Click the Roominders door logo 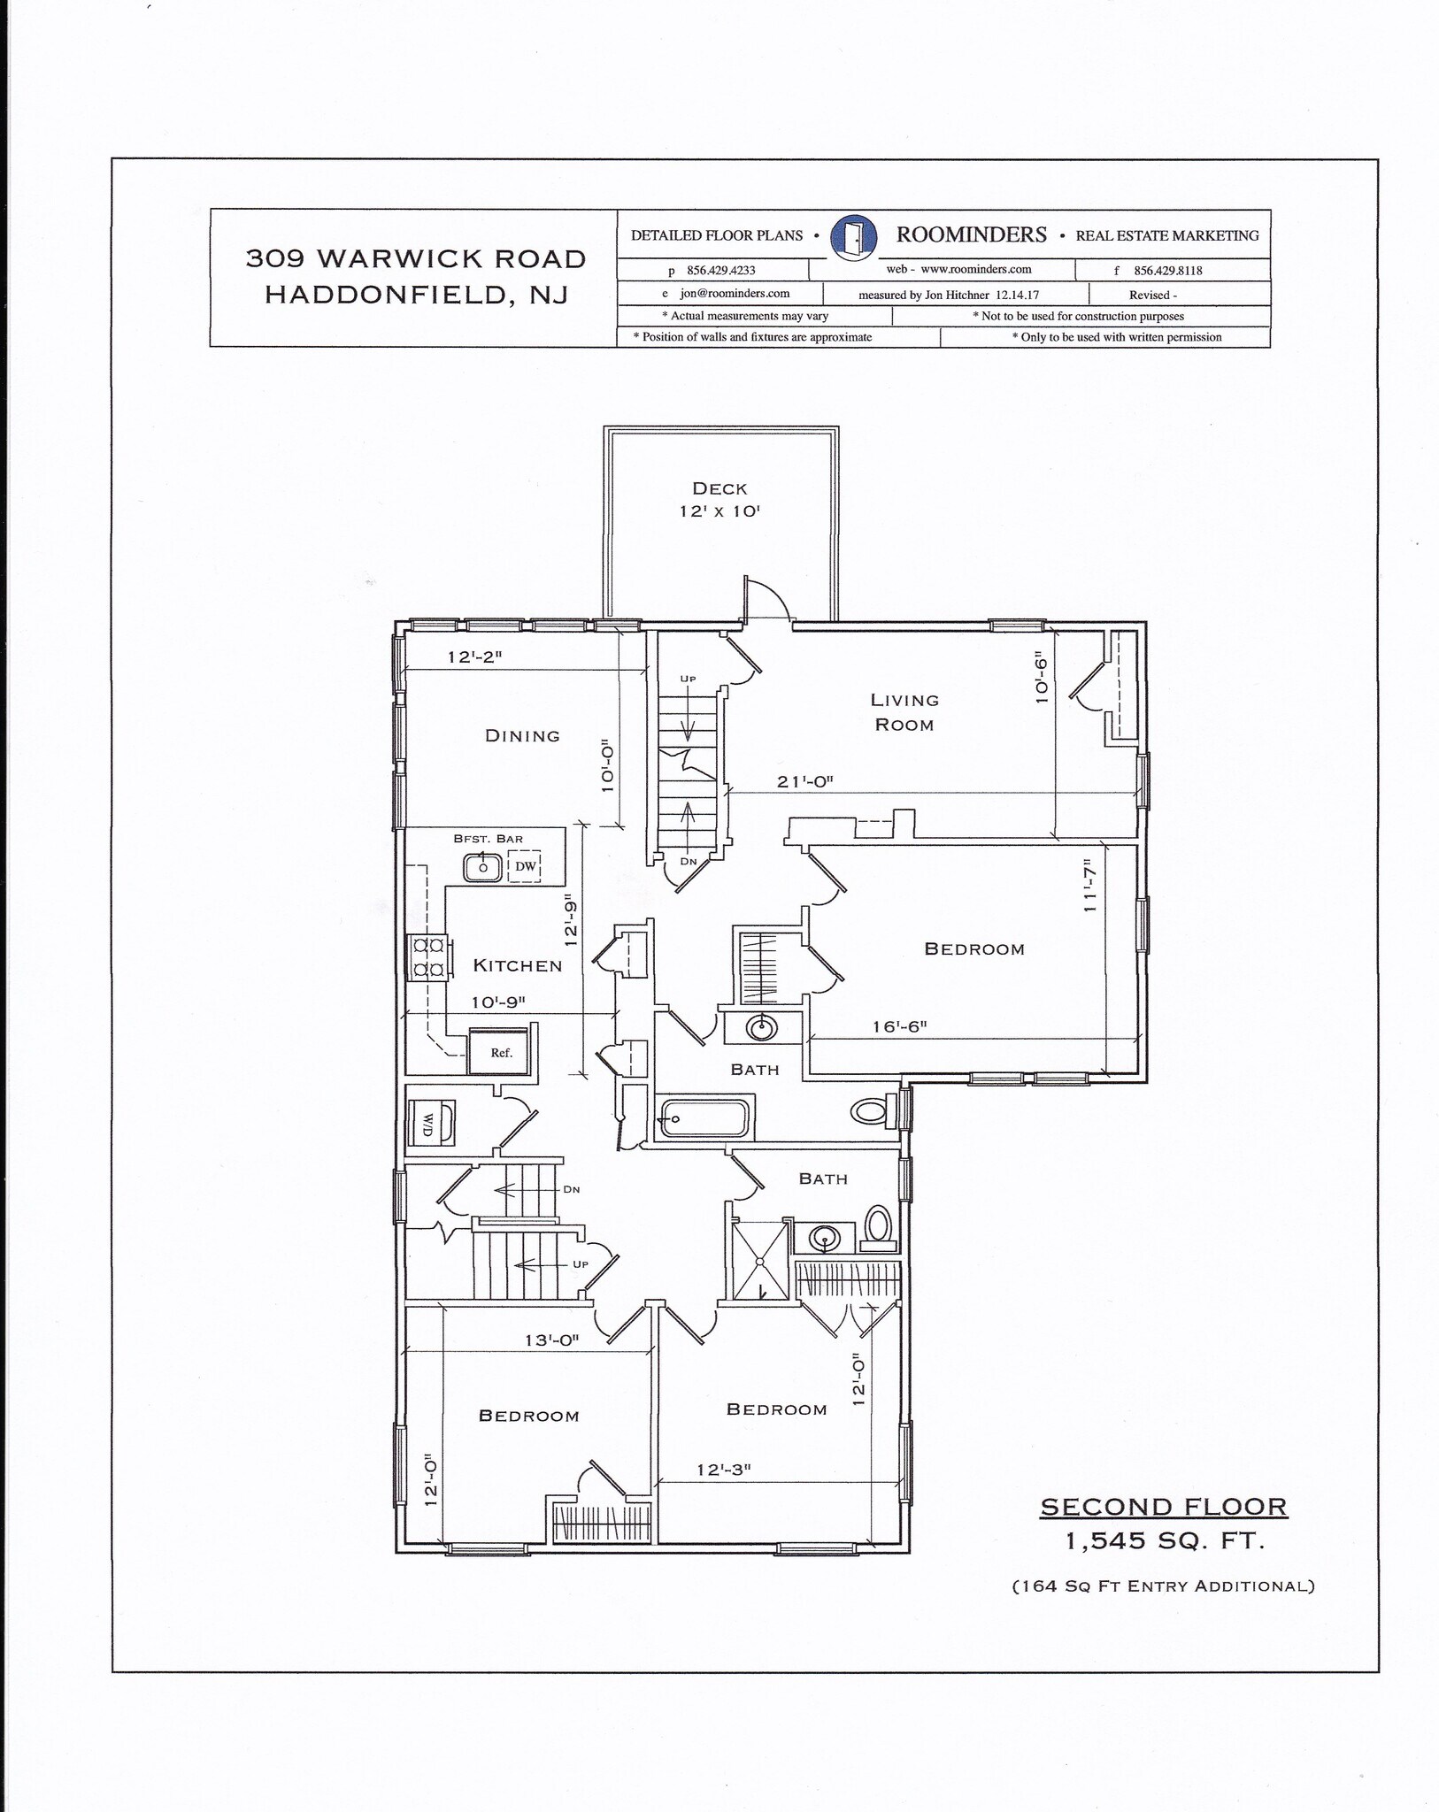(854, 236)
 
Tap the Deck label (719, 488)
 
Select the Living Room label (904, 712)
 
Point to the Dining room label (522, 735)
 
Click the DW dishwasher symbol (526, 866)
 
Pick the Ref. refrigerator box (501, 1052)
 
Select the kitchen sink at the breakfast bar (483, 867)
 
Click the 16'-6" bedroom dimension (899, 1026)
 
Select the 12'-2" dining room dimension (474, 657)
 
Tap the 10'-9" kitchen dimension (498, 1002)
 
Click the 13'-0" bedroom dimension (551, 1340)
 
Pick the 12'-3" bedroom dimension (723, 1470)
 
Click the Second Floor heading (1163, 1507)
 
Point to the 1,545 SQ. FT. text (1164, 1541)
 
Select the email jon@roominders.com (734, 294)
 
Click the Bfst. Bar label (488, 839)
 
